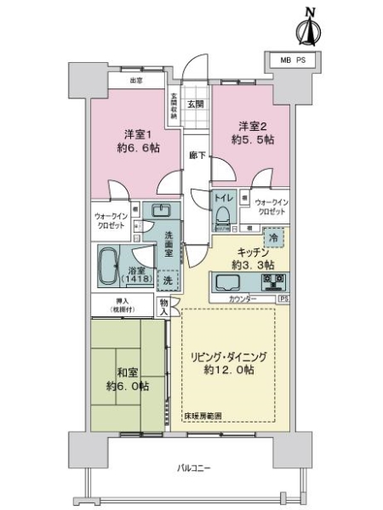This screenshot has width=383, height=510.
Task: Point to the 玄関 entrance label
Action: click(196, 104)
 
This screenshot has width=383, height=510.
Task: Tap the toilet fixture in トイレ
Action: click(224, 216)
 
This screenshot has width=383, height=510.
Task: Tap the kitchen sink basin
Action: click(230, 283)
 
